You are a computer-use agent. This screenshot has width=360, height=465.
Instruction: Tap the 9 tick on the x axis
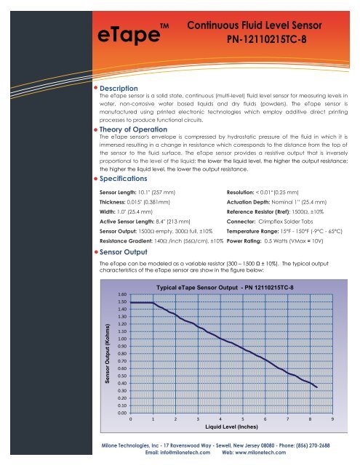tap(332, 420)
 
